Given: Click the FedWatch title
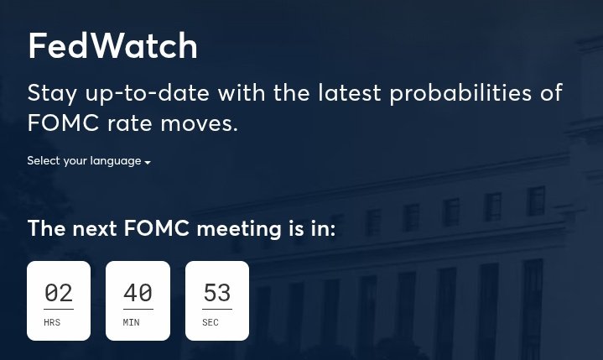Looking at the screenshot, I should pyautogui.click(x=112, y=46).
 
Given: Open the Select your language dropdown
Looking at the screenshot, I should pyautogui.click(x=88, y=161).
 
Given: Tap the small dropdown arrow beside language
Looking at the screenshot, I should pyautogui.click(x=148, y=162).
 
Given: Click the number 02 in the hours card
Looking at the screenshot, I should pyautogui.click(x=59, y=293).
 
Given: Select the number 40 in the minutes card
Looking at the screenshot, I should pyautogui.click(x=138, y=293).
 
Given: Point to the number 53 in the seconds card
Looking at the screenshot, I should pyautogui.click(x=216, y=293).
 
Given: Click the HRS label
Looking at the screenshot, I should pyautogui.click(x=52, y=322).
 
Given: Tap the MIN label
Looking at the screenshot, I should pyautogui.click(x=131, y=322).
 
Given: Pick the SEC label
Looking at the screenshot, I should pyautogui.click(x=211, y=322).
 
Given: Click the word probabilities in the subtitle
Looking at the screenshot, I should pyautogui.click(x=460, y=92).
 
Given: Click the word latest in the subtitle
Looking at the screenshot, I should pyautogui.click(x=346, y=92).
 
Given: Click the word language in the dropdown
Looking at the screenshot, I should pyautogui.click(x=116, y=161).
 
